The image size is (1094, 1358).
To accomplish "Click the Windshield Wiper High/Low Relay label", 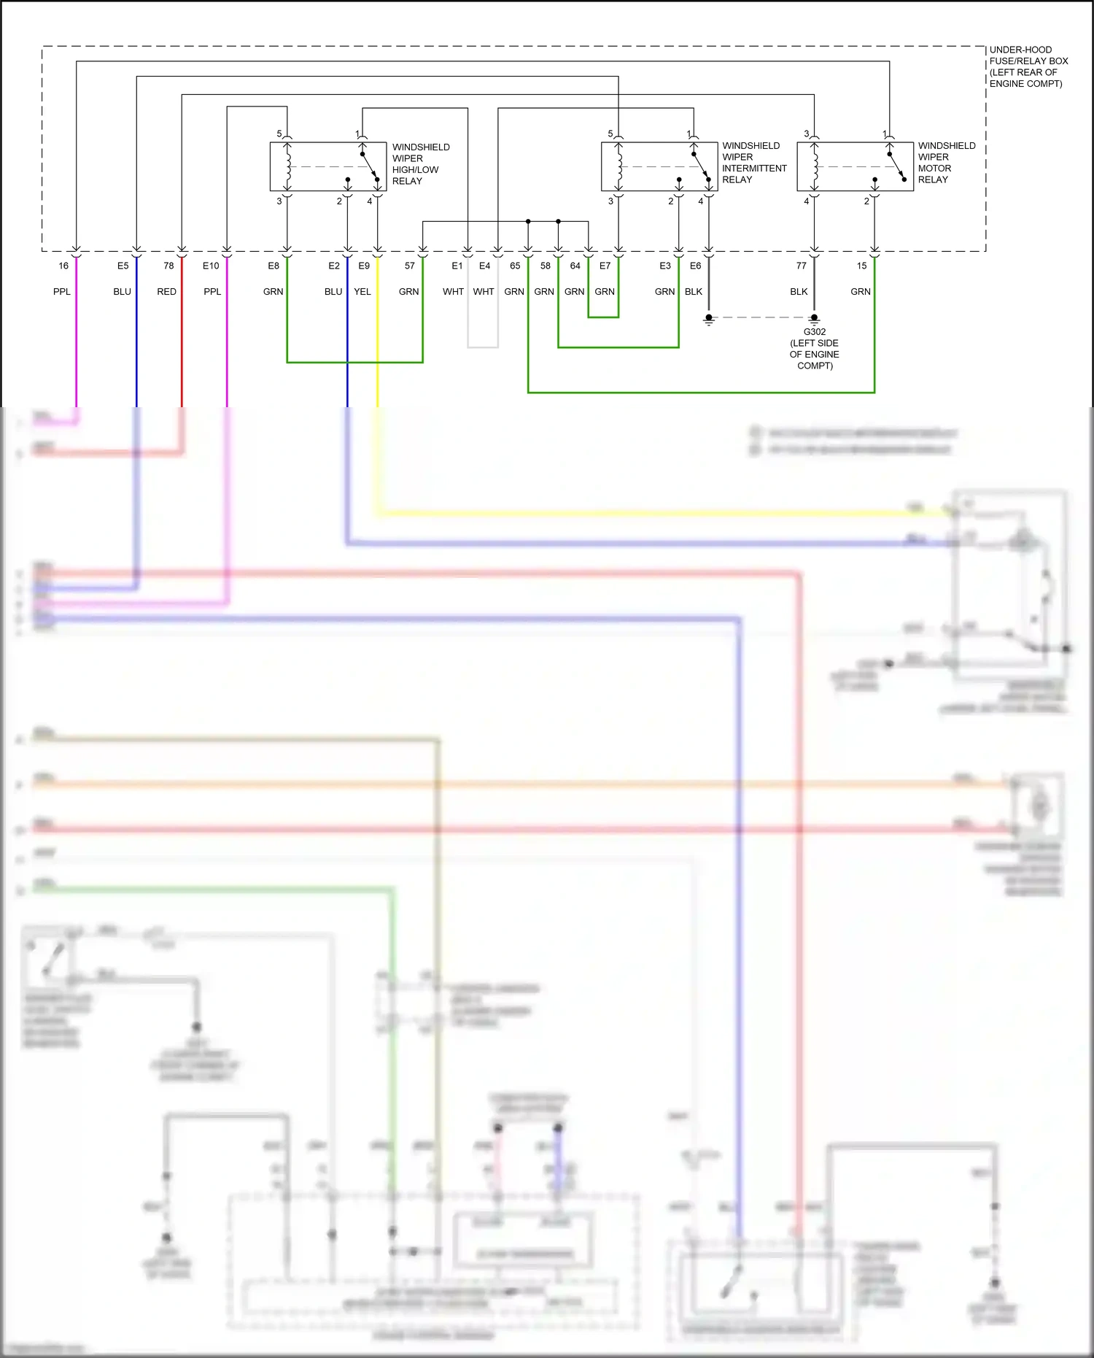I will (421, 164).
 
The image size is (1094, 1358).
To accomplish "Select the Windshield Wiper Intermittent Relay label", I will (754, 163).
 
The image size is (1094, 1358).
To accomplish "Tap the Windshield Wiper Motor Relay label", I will (946, 163).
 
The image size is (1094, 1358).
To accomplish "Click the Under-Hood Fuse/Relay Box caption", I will (1028, 66).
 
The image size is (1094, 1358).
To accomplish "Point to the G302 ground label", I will (814, 348).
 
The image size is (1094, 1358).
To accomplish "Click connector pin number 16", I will (63, 266).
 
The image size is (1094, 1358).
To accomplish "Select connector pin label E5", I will (123, 266).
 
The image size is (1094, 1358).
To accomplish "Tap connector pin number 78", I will (168, 266).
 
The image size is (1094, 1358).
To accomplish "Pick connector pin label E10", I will (211, 266).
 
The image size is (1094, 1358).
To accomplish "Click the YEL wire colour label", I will (362, 291).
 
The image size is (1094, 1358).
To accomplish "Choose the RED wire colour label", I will (166, 291).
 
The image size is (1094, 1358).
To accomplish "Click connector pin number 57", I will (410, 266).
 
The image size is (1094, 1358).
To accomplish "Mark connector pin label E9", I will (364, 266).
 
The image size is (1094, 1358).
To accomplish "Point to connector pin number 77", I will (802, 266).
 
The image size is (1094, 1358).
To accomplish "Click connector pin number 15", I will (862, 266).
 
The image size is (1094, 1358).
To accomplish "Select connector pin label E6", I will (695, 266).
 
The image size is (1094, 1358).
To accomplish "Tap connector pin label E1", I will (457, 266).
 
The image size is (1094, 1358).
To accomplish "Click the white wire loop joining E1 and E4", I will (483, 347).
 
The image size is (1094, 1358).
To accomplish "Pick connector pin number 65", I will (515, 266).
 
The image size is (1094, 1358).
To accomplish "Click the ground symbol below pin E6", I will (708, 320).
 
